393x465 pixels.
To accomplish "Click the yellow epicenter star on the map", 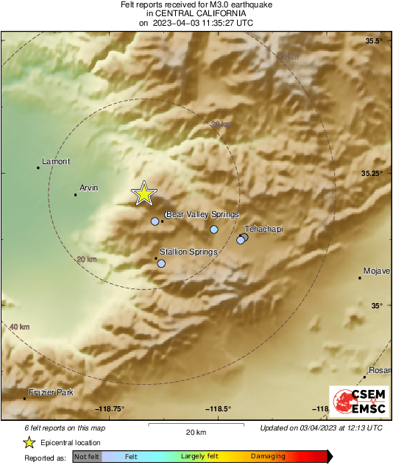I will point(144,193).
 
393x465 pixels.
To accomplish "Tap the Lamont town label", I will point(56,161).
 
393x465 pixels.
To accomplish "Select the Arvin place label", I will point(90,188).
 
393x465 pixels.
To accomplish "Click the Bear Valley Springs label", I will point(202,214).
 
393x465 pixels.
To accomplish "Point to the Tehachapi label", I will point(263,230).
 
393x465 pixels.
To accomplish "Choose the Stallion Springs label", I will point(188,252).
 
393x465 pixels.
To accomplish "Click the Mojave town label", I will point(376,271).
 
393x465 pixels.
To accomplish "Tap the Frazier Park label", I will point(51,393).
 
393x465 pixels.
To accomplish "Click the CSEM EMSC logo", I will point(355,402).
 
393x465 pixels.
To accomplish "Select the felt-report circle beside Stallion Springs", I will point(161,263).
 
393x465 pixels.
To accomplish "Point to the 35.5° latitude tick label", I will point(375,40).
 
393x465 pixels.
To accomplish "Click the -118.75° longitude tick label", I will point(110,409).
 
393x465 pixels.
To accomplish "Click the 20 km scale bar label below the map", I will point(196,431).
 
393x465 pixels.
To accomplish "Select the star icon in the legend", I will point(29,442).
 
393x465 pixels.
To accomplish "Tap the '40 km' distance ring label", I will point(19,327).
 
